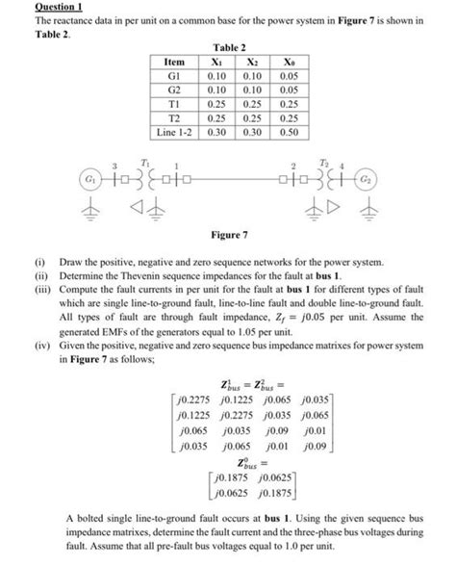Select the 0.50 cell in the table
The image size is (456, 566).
tap(286, 126)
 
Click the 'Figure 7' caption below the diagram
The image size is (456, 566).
tap(228, 233)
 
